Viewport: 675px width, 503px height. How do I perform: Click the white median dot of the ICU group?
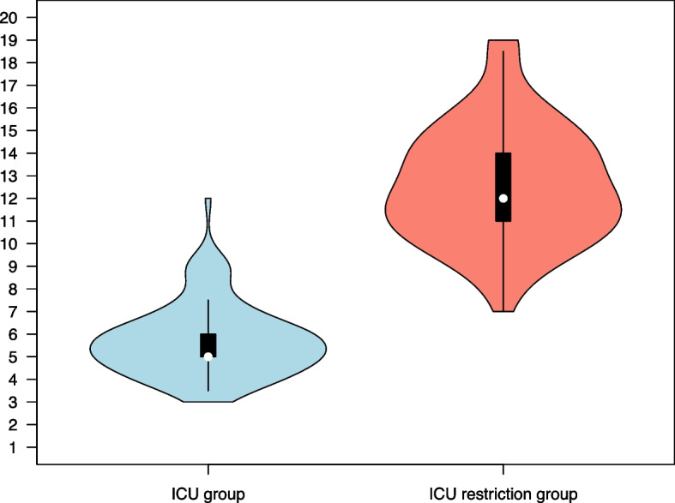[208, 356]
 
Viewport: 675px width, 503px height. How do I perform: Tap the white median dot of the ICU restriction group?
[503, 198]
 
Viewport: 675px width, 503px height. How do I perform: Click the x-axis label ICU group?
[208, 493]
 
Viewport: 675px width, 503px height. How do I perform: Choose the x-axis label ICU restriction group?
[503, 493]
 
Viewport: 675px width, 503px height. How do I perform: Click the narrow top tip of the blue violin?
[208, 201]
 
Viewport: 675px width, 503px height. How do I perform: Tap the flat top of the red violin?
[503, 41]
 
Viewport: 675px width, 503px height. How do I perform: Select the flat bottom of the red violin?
[503, 310]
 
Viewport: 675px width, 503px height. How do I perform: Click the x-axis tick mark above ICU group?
[208, 470]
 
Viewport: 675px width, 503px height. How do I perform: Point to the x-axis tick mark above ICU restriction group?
[503, 470]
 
